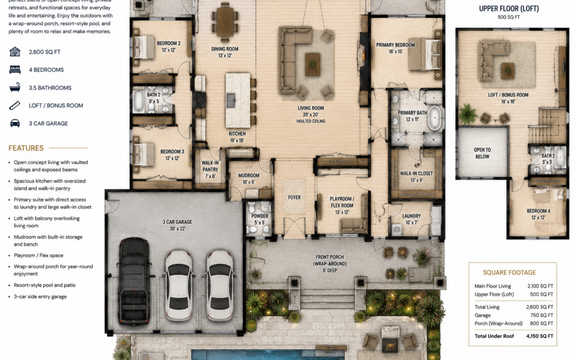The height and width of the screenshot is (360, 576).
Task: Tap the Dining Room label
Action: [225, 49]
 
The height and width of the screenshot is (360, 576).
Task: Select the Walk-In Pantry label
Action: [210, 166]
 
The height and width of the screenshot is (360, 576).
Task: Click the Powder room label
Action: [260, 216]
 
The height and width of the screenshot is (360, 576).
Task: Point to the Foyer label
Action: [294, 197]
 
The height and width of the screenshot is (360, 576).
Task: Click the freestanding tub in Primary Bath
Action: [435, 118]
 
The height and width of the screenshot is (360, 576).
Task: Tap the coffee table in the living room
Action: [313, 65]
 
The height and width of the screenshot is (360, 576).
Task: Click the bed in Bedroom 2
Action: [143, 47]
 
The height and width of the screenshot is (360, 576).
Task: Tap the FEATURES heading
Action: [26, 148]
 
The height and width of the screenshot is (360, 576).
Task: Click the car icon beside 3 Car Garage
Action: [15, 123]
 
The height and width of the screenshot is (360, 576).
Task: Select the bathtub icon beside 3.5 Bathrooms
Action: [15, 87]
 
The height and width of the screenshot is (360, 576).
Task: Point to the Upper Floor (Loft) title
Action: [509, 9]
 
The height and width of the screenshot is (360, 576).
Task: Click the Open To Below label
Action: [482, 153]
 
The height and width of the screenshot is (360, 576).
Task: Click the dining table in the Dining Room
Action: [225, 22]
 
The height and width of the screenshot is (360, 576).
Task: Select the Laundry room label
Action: [411, 216]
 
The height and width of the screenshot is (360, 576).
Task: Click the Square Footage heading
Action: [509, 273]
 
